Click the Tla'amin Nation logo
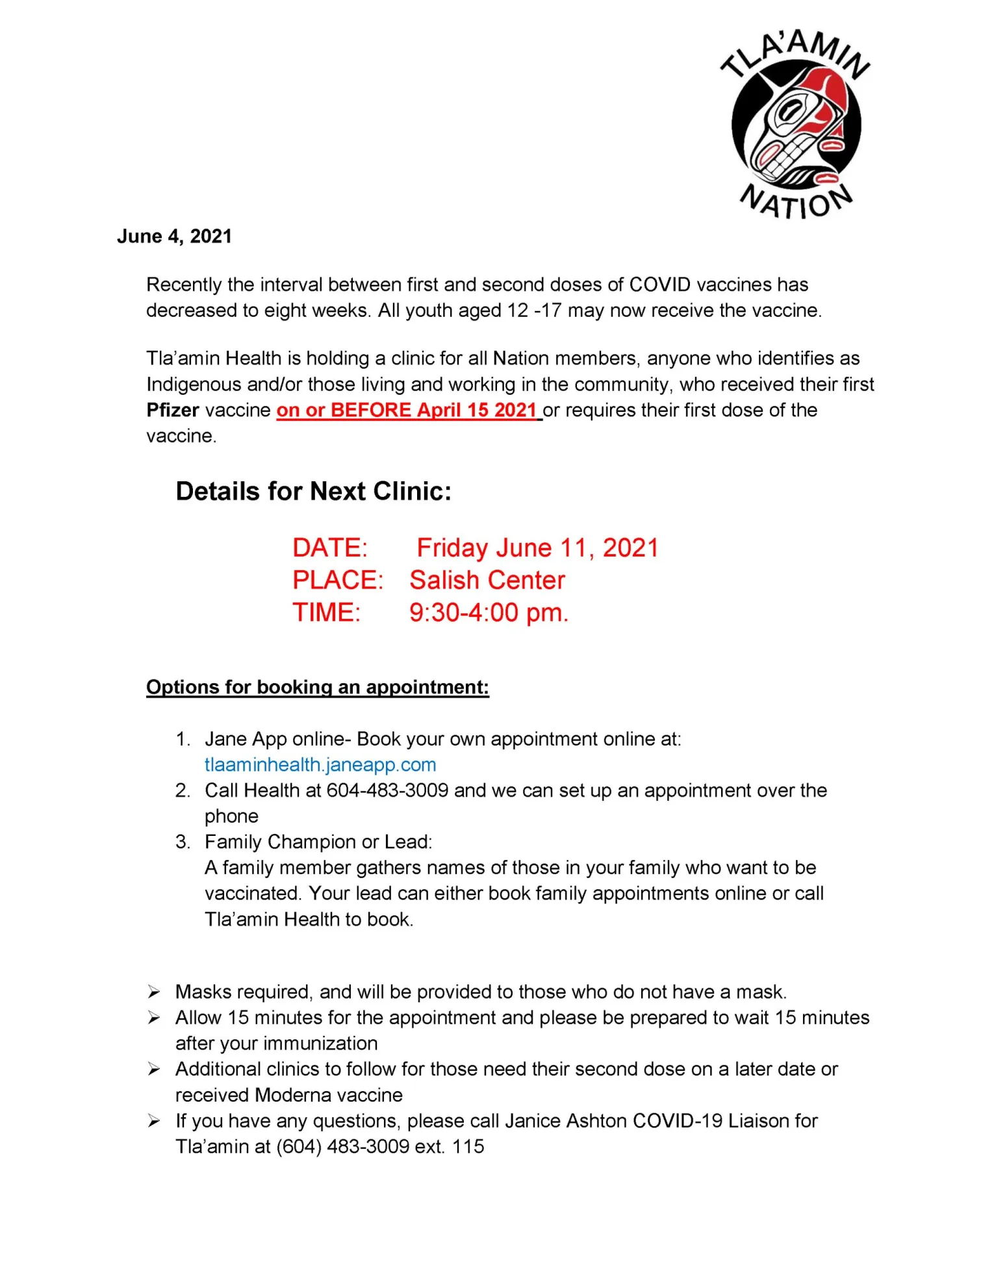pos(796,123)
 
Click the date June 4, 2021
pos(174,236)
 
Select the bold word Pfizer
pos(173,410)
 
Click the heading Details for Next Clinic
pos(313,492)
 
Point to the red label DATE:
pos(330,548)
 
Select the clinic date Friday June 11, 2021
pos(537,548)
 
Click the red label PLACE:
pos(338,581)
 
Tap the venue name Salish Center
pos(487,581)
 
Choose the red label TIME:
pos(326,613)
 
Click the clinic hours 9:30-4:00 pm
pos(489,613)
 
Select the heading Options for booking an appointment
pos(317,687)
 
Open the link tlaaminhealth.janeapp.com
pos(320,765)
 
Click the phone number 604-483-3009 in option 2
pos(387,790)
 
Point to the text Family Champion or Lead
pos(318,842)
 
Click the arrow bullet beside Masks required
pos(154,992)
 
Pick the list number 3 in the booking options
pos(182,842)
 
